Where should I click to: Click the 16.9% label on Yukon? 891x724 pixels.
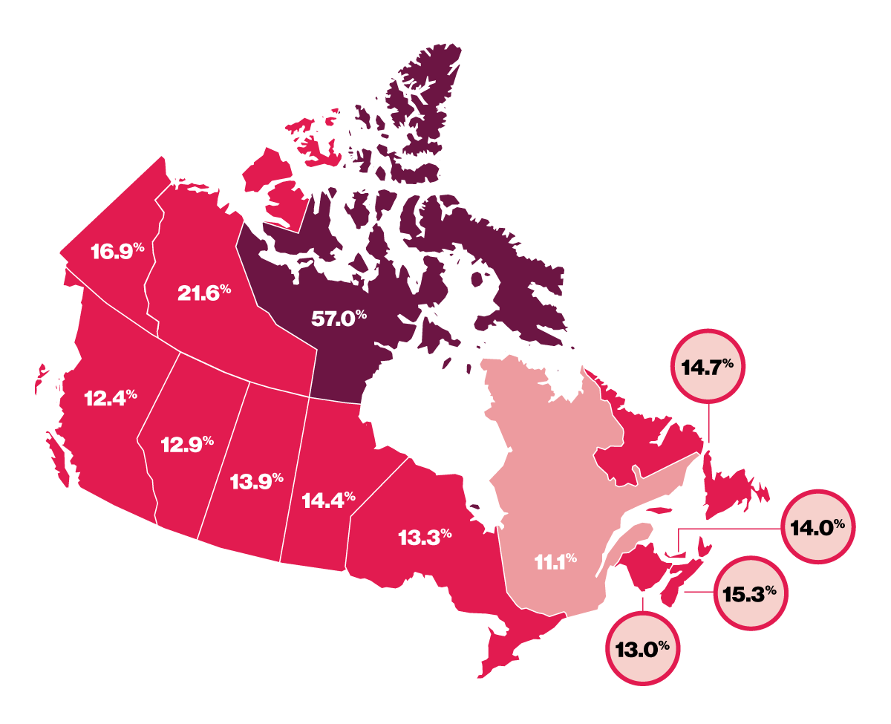pyautogui.click(x=117, y=251)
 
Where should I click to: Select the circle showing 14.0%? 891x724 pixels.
pyautogui.click(x=818, y=528)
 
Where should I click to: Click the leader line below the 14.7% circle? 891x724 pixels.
pyautogui.click(x=708, y=423)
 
